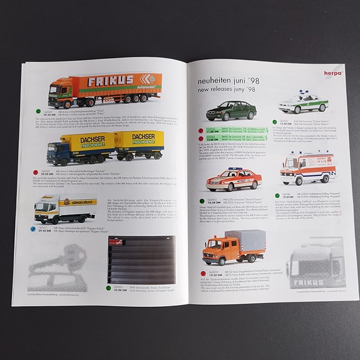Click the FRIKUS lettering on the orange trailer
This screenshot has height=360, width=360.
[111, 80]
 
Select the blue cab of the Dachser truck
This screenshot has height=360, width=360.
[58, 152]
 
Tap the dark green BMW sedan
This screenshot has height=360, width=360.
[230, 112]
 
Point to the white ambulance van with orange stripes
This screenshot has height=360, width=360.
[307, 165]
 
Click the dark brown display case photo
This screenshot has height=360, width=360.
[143, 260]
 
